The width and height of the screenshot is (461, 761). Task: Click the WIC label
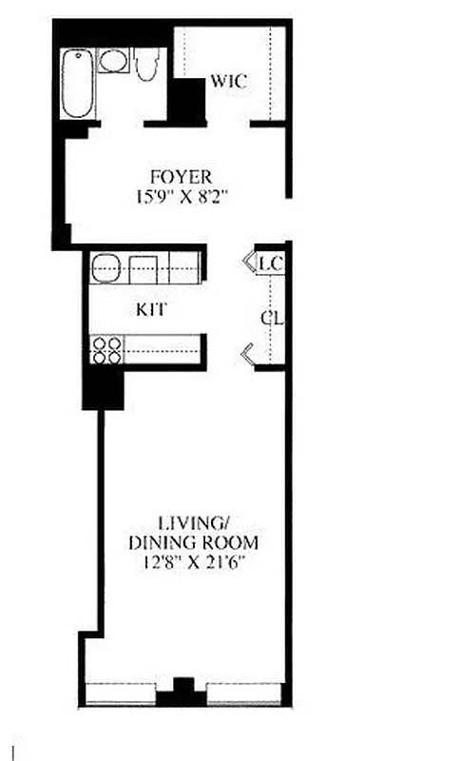tap(228, 82)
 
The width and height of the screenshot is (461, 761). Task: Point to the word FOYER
tap(181, 177)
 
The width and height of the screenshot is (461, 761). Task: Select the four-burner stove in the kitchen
tap(106, 351)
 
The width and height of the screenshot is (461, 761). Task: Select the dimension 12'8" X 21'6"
tap(194, 564)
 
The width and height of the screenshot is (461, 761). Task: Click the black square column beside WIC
tap(188, 101)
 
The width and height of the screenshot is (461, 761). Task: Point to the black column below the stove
tap(103, 388)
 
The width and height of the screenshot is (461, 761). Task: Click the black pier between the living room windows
tap(181, 693)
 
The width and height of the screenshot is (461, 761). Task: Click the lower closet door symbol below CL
tap(247, 356)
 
